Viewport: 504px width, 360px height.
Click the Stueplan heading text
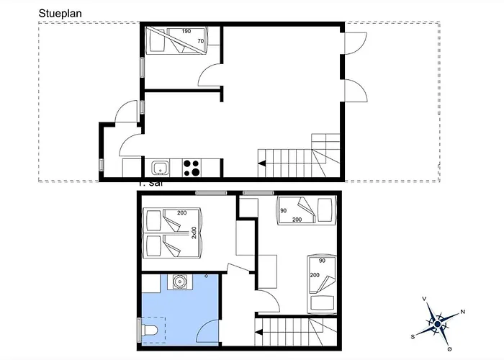click(x=59, y=12)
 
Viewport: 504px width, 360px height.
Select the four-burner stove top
click(x=192, y=168)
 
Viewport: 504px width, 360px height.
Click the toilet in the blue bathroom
click(x=149, y=331)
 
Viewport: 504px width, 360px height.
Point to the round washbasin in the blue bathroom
click(x=177, y=281)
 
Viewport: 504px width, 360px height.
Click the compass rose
click(x=436, y=324)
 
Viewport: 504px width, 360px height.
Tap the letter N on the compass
click(x=462, y=312)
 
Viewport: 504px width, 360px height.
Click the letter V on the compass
click(x=425, y=298)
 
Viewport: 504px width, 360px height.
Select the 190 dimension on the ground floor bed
click(x=186, y=32)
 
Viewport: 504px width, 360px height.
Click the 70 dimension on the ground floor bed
click(x=199, y=42)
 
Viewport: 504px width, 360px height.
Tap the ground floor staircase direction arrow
click(x=261, y=164)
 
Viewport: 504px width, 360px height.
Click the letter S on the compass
click(x=413, y=336)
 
